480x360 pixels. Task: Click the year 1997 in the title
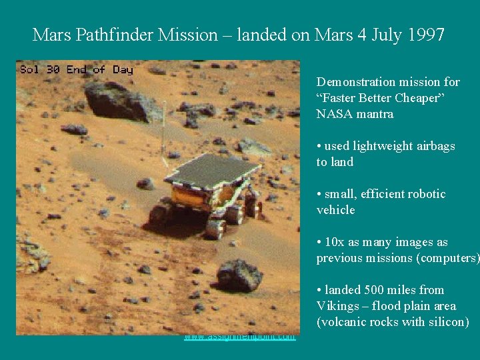424,35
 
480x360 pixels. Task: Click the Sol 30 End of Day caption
76,69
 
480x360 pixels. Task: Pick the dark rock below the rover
239,275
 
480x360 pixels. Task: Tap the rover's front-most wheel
215,227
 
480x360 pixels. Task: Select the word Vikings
338,306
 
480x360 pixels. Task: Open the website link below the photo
240,337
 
